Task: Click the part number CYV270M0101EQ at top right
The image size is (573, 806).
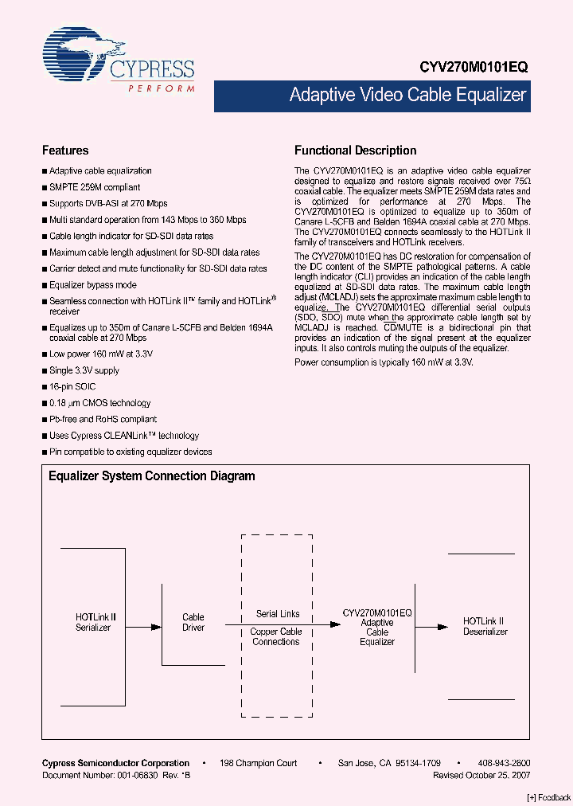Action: pos(474,68)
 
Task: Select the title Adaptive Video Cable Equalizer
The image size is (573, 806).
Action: pos(407,96)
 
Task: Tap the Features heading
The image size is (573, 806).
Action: pos(65,151)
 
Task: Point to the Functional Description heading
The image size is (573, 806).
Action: pos(355,151)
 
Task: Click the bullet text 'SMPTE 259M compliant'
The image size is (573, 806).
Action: pos(95,187)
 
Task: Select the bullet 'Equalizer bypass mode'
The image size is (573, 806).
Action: pos(92,285)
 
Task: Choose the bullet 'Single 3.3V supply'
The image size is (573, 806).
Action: pos(84,370)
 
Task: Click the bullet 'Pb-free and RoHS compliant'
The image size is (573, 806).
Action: pos(103,419)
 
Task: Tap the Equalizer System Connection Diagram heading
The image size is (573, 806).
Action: pos(152,476)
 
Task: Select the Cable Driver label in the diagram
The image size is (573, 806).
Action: pos(193,622)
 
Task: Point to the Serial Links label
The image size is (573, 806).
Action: pos(278,614)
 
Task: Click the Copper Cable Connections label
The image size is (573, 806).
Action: pos(276,636)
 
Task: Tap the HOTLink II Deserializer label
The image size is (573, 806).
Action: pos(485,626)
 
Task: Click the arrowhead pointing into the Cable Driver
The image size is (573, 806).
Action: pos(156,627)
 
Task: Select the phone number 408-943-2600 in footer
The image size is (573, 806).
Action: pos(504,763)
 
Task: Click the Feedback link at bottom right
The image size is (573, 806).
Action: pos(549,797)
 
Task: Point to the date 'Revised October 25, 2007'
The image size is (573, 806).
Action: pos(481,775)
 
